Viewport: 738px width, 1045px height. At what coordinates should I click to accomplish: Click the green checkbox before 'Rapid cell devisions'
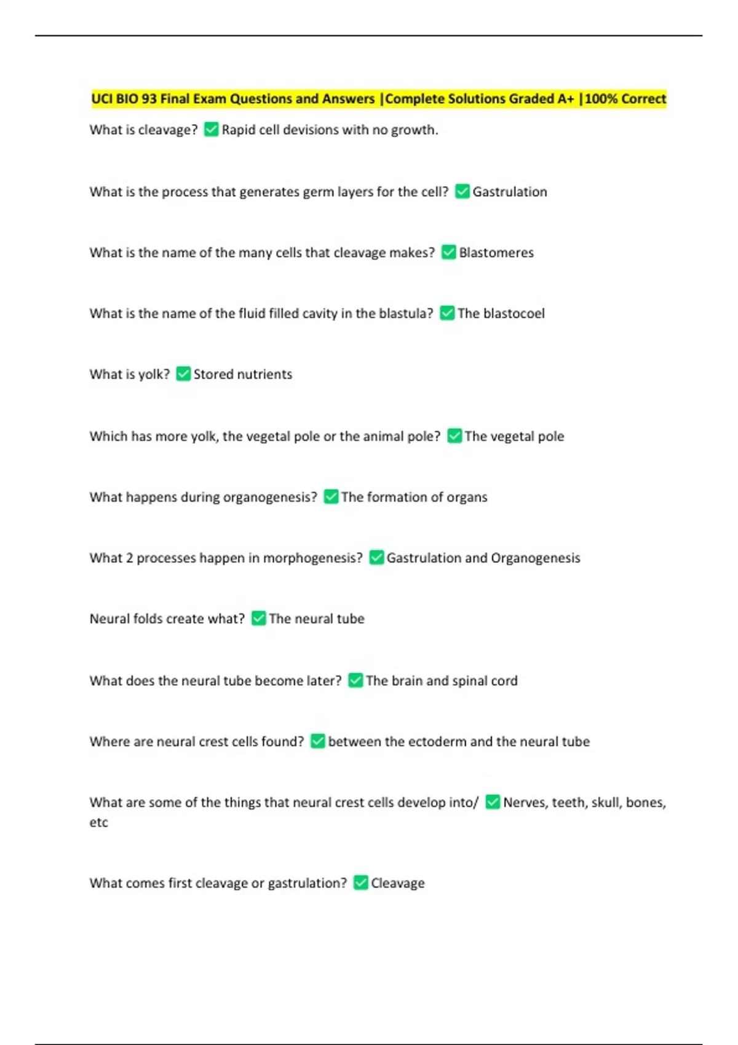211,130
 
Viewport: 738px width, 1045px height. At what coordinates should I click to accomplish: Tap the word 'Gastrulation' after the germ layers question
509,192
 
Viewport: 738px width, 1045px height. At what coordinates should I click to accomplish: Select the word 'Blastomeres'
496,253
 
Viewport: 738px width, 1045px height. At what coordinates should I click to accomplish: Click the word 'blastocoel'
514,313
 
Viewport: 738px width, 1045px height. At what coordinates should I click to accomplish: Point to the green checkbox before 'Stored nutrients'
183,374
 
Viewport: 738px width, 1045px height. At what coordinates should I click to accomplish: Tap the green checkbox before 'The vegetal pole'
454,436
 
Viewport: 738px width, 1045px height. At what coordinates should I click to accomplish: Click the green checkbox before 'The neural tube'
259,618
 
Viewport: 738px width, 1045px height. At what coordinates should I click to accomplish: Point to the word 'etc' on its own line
98,822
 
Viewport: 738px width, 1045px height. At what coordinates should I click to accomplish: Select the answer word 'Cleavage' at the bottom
397,883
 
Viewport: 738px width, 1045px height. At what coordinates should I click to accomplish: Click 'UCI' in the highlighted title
102,99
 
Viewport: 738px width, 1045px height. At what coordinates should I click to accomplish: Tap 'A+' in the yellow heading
563,99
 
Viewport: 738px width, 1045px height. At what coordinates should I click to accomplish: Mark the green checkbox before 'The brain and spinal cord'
355,680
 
